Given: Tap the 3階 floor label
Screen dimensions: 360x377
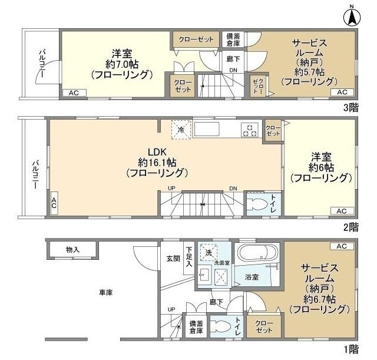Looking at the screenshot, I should click(x=350, y=107).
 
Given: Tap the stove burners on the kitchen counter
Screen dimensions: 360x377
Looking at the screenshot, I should click(x=249, y=129).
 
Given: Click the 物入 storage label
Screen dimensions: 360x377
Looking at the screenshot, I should click(x=72, y=250).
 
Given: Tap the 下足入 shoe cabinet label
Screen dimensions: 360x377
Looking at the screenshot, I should click(x=188, y=258).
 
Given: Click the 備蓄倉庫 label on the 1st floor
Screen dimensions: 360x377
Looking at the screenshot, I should click(x=196, y=327).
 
